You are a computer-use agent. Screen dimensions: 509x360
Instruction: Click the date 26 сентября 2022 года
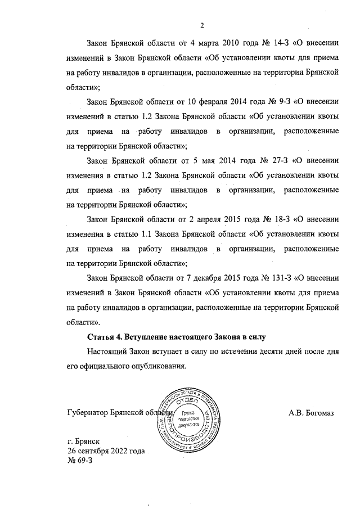coord(106,451)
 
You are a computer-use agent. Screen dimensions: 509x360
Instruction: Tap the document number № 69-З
coord(79,461)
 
